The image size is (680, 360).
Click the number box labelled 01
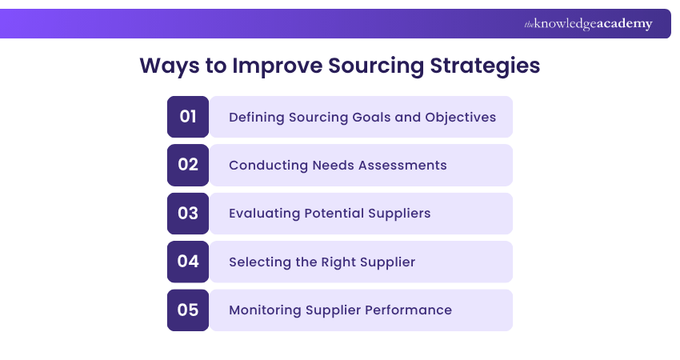(188, 117)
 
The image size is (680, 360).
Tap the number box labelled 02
(188, 165)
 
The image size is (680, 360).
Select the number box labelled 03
(188, 214)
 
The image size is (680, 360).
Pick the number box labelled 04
(188, 262)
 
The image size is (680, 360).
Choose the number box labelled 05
(188, 310)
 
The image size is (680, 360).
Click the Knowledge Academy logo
(588, 24)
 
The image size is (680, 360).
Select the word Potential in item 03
(332, 214)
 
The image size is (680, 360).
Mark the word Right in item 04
(337, 262)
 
